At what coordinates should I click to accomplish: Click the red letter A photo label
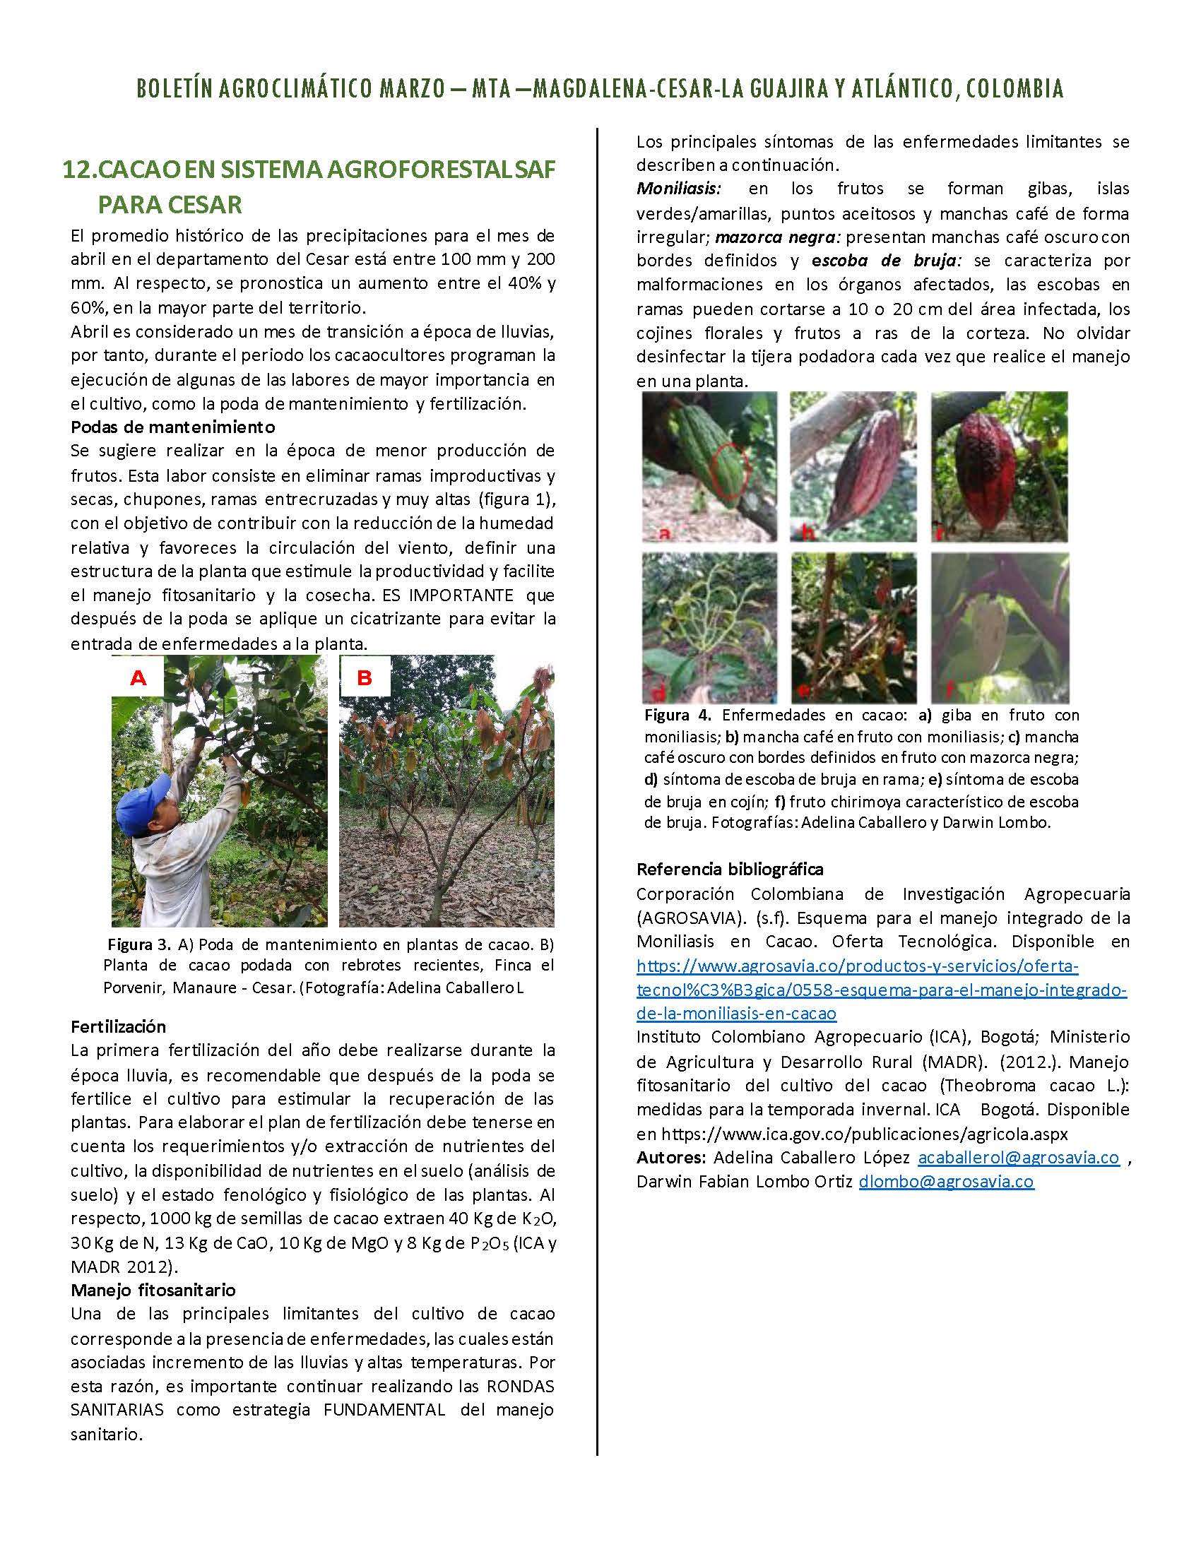(138, 678)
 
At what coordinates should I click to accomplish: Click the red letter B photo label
(365, 678)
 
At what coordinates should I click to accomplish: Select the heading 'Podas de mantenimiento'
(172, 427)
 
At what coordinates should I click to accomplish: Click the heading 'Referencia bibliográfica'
(730, 869)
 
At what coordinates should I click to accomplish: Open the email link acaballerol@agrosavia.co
(1019, 1158)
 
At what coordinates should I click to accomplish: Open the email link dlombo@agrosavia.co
(945, 1182)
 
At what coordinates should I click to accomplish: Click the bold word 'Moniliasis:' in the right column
(679, 189)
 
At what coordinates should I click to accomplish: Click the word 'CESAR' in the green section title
(206, 205)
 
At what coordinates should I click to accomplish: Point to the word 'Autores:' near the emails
(671, 1158)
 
